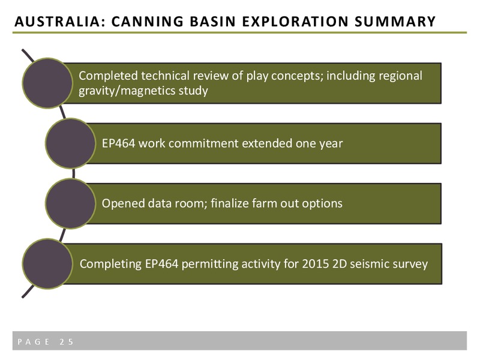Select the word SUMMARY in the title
click(395, 22)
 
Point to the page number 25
click(67, 341)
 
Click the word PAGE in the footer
click(34, 341)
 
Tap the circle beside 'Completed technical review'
click(47, 83)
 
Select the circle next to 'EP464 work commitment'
click(70, 143)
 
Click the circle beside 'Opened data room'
click(70, 203)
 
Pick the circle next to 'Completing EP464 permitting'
click(47, 264)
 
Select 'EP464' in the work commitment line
click(118, 143)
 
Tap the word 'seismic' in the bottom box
click(370, 264)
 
